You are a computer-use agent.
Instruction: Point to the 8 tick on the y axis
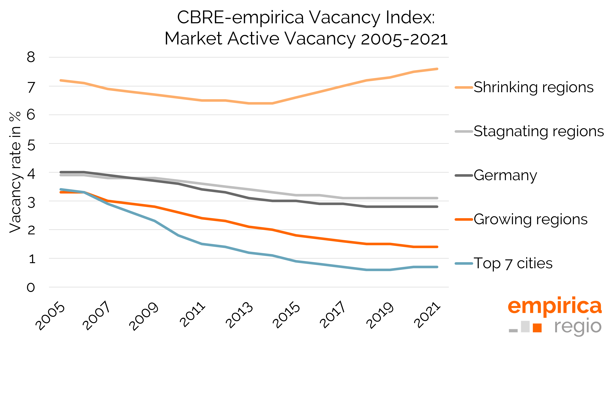(x=31, y=57)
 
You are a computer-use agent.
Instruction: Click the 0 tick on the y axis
(x=31, y=287)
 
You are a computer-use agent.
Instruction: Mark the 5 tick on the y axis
(x=31, y=145)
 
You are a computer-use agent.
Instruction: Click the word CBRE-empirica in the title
(x=240, y=18)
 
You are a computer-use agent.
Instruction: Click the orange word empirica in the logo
(x=555, y=306)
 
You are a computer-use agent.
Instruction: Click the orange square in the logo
(x=537, y=328)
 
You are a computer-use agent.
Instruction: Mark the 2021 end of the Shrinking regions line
(x=437, y=69)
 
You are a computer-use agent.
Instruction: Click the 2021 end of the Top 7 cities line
(x=437, y=267)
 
